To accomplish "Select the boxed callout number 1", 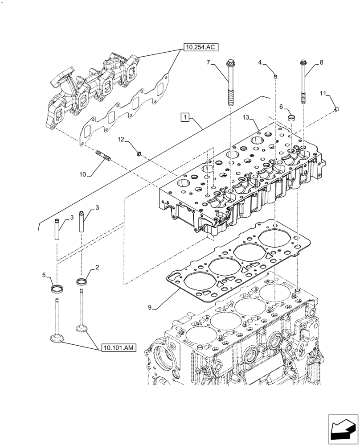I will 185,117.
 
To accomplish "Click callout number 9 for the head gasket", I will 150,307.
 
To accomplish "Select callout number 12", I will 121,140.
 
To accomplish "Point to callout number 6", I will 281,107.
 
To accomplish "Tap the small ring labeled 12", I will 139,154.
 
